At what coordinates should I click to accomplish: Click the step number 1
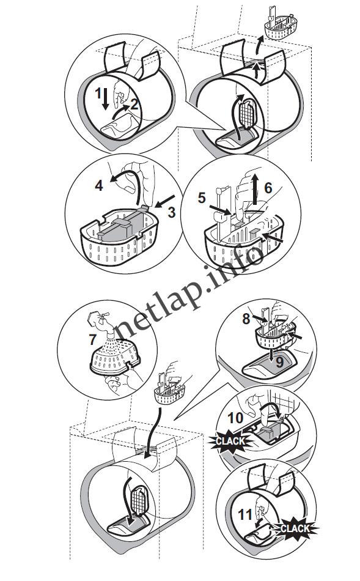point(98,94)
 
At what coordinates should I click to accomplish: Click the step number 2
point(134,104)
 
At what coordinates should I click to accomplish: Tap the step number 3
point(171,212)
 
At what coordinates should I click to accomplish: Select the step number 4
point(99,185)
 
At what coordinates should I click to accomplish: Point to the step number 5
point(202,198)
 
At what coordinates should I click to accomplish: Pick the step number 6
point(268,188)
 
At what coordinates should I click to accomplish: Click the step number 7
point(92,339)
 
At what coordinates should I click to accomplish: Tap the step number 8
point(246,319)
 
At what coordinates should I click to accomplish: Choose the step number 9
point(280,362)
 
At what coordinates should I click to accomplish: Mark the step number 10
point(235,418)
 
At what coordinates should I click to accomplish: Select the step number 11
point(245,514)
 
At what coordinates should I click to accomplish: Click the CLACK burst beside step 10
point(230,440)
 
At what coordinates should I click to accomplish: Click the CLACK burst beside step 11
point(295,528)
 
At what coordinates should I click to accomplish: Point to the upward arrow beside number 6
point(255,190)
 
